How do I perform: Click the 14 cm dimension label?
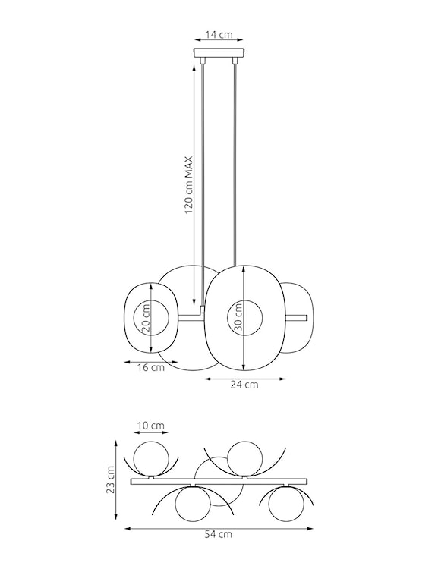tap(219, 35)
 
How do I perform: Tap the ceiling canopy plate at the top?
tap(219, 55)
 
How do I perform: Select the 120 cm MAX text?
tap(189, 186)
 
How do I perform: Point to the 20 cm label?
tap(146, 318)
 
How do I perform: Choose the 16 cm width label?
tap(151, 368)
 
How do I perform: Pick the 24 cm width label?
tap(244, 385)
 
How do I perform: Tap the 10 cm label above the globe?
tap(150, 426)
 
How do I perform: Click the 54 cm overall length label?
tap(219, 534)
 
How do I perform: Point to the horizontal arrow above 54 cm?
tap(219, 526)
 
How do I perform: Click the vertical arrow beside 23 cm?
tap(116, 479)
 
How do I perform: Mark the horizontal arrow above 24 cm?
tap(244, 377)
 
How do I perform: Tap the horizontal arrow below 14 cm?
tap(219, 44)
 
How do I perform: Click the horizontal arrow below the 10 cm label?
tap(150, 435)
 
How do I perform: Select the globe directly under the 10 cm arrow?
tap(150, 459)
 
